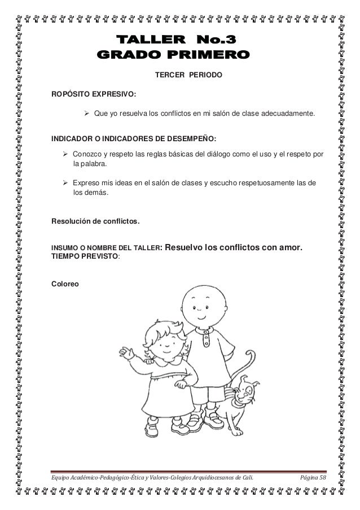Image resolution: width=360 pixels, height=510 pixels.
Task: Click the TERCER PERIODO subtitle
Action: point(188,75)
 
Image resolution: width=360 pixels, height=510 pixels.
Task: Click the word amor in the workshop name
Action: point(291,247)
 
